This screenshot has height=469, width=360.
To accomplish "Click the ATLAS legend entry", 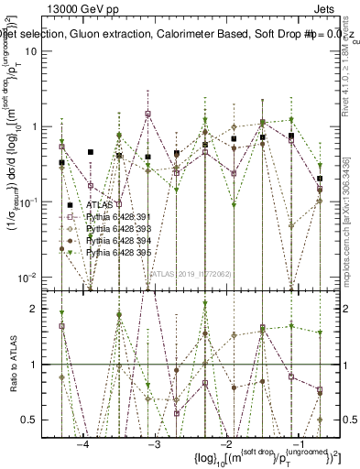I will point(97,205).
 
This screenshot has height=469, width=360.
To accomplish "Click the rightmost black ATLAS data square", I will point(320,179).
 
